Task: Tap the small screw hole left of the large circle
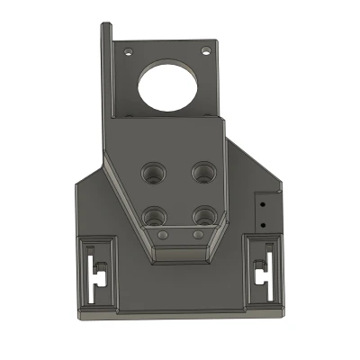pyautogui.click(x=128, y=51)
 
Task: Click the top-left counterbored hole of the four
pyautogui.click(x=153, y=170)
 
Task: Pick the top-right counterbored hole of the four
pyautogui.click(x=204, y=169)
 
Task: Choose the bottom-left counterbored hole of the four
pyautogui.click(x=155, y=215)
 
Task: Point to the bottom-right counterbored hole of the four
pyautogui.click(x=204, y=214)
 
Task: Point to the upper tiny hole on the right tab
pyautogui.click(x=263, y=203)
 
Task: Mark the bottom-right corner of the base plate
pyautogui.click(x=281, y=315)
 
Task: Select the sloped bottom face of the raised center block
pyautogui.click(x=180, y=254)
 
